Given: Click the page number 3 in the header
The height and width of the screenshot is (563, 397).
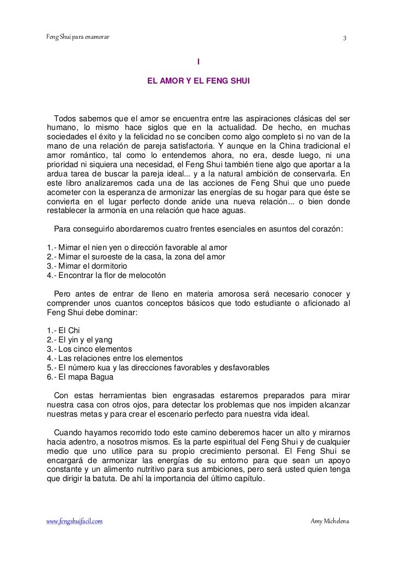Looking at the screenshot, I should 344,38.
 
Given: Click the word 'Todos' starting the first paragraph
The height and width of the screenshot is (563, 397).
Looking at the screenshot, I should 65,120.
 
